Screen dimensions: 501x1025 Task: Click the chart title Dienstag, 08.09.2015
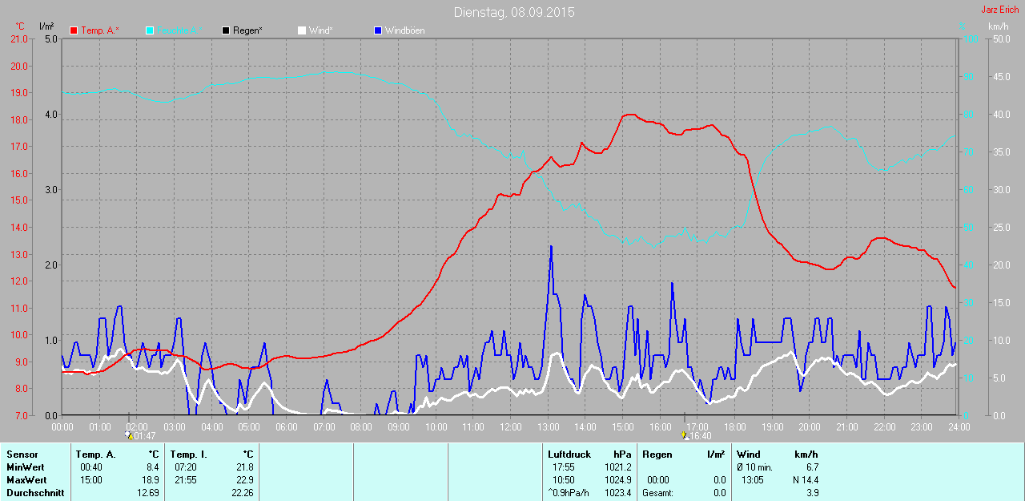tap(513, 12)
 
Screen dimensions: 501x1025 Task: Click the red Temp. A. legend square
tap(74, 30)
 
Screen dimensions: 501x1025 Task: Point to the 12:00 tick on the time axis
tap(510, 427)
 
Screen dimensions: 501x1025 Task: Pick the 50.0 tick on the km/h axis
tap(1000, 39)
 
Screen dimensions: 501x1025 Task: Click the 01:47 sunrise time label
tap(143, 436)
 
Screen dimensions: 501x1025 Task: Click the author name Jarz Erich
tap(999, 10)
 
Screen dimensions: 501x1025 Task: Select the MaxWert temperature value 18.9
tap(151, 480)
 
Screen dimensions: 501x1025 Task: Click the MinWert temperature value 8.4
tap(152, 467)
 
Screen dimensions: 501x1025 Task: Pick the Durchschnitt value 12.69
tap(147, 493)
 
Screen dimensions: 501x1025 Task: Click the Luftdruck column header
tap(569, 455)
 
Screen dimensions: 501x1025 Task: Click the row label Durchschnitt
tap(35, 493)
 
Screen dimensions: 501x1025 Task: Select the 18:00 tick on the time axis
tap(735, 427)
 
